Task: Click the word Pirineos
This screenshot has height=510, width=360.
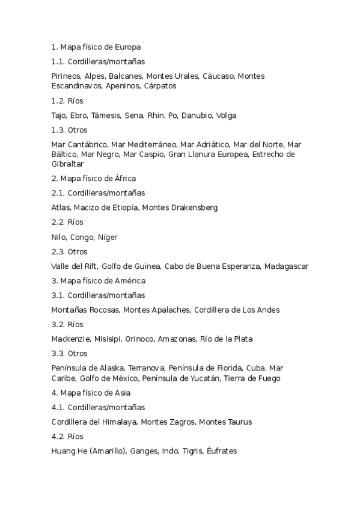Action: pos(66,76)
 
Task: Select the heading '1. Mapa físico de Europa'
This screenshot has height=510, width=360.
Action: pos(96,46)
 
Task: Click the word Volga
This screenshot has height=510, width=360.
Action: pos(227,115)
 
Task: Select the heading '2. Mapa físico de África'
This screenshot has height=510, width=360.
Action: pos(94,178)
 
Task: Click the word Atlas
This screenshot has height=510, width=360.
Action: pos(61,207)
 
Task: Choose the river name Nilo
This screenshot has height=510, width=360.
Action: pos(59,237)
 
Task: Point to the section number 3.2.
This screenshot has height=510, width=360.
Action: pos(58,324)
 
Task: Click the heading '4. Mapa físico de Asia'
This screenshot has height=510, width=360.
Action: pos(91,393)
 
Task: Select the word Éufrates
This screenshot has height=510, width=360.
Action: pos(222,451)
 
